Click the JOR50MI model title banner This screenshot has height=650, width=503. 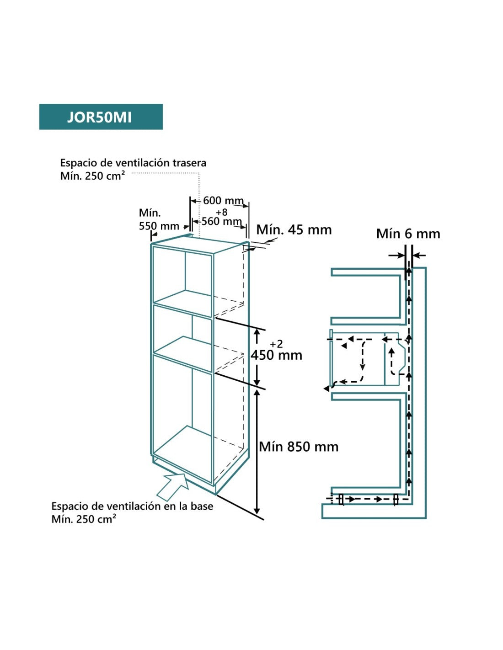click(x=101, y=117)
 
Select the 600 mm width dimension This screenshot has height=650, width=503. click(x=223, y=201)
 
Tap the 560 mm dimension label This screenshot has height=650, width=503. click(x=221, y=222)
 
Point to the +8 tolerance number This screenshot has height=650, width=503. click(x=222, y=213)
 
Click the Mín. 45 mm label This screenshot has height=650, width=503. click(x=294, y=230)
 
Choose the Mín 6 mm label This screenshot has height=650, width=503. click(x=408, y=234)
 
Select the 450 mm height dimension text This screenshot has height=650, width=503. click(x=277, y=355)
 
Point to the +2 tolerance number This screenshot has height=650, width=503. click(x=277, y=344)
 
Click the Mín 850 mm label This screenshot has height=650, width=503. click(x=299, y=447)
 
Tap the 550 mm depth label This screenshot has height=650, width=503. click(x=159, y=226)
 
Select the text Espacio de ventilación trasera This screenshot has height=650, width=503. click(x=133, y=163)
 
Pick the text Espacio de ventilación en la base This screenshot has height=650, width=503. click(x=132, y=506)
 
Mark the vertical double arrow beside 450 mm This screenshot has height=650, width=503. click(x=257, y=357)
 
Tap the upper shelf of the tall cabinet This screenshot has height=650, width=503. click(x=183, y=302)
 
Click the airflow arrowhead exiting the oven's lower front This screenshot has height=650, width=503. click(x=326, y=389)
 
